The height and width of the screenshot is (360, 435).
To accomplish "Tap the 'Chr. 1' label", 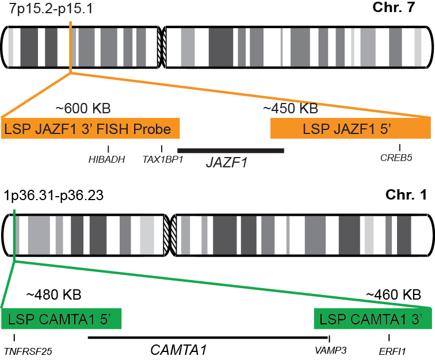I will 409,195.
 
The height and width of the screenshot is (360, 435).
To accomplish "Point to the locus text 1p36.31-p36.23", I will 54,196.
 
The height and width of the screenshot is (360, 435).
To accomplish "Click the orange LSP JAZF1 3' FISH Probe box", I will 91,129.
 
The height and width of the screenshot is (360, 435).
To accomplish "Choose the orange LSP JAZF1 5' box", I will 350,129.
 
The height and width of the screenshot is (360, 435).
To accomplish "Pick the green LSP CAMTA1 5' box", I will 61,319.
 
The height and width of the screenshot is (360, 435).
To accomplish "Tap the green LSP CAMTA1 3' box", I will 372,319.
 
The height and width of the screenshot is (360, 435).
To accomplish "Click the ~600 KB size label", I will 83,108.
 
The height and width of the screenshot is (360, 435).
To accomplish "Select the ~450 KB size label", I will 290,108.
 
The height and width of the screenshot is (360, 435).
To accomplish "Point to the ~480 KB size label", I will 54,295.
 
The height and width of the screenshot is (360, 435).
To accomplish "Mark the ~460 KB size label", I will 394,295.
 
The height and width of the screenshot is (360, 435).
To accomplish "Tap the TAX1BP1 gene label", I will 163,160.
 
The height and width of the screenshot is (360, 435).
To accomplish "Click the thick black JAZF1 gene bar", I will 231,151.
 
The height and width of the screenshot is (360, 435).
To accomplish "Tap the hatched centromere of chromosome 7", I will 162,47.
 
